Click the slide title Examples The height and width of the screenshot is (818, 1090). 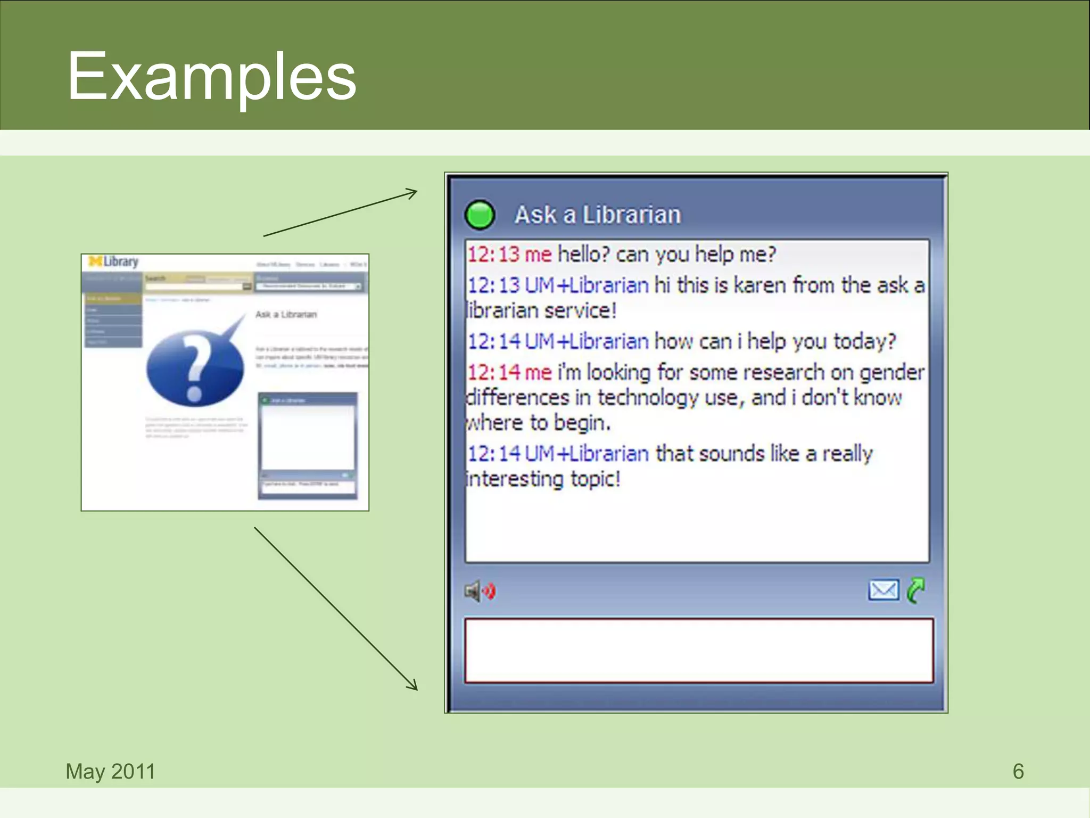(x=211, y=76)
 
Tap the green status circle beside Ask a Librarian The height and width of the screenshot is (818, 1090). (x=480, y=215)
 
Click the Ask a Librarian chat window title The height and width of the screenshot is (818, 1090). (x=597, y=215)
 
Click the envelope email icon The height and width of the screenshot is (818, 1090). (x=883, y=590)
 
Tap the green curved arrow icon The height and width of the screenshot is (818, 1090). (x=916, y=590)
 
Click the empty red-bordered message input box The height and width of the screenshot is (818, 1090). (x=698, y=650)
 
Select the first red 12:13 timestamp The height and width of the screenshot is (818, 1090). (x=493, y=255)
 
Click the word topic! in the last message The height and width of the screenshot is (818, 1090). (x=596, y=479)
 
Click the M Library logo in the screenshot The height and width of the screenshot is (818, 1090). (x=113, y=261)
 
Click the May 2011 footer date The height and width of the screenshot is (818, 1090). (x=110, y=771)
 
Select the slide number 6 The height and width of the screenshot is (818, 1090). (x=1018, y=771)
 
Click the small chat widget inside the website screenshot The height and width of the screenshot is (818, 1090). (x=308, y=445)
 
